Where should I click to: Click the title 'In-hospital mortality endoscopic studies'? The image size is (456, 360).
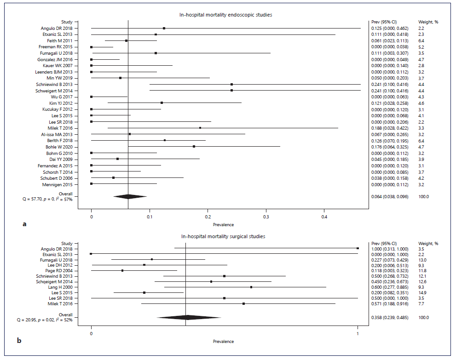pyautogui.click(x=225, y=15)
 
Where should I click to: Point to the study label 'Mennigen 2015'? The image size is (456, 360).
pyautogui.click(x=64, y=184)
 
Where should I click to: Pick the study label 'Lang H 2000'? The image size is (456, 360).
pyautogui.click(x=67, y=287)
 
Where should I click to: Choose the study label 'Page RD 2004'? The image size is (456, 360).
pyautogui.click(x=66, y=270)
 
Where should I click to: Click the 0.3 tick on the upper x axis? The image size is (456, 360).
pyautogui.click(x=266, y=216)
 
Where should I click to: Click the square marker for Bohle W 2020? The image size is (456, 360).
pyautogui.click(x=194, y=147)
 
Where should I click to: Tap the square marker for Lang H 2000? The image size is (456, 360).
pyautogui.click(x=251, y=287)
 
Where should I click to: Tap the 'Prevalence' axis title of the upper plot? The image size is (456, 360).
pyautogui.click(x=223, y=224)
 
